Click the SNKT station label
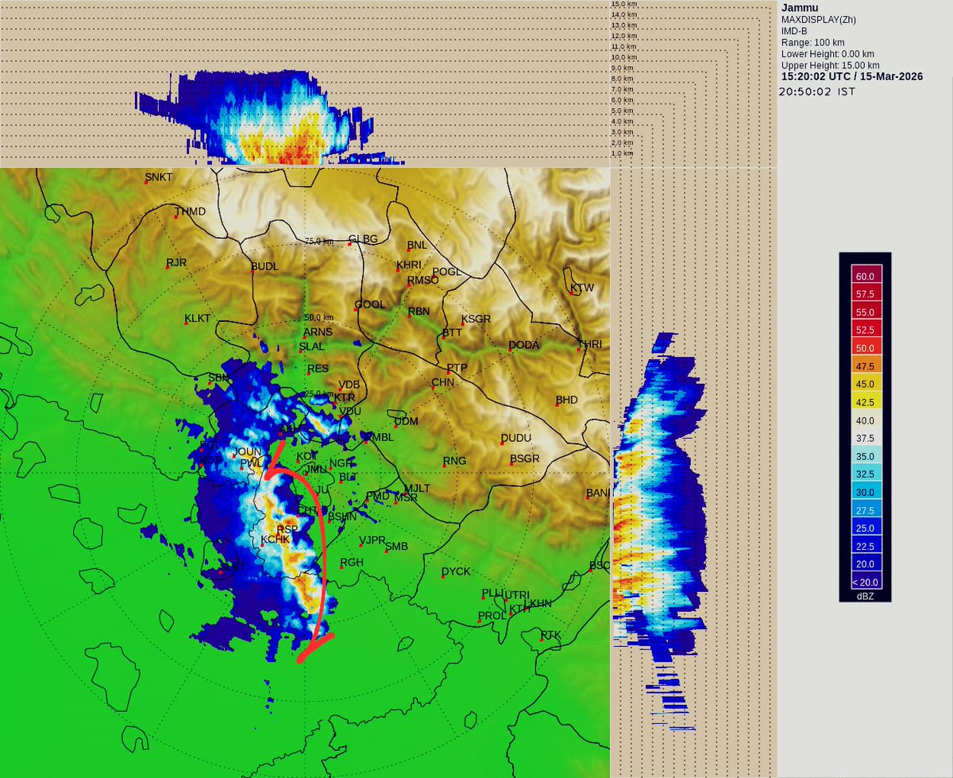point(158,176)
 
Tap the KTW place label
point(582,288)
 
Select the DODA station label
point(524,345)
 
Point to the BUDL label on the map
point(264,266)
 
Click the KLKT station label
point(198,319)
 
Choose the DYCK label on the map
point(456,571)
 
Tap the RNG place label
point(454,461)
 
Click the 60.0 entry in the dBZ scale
point(864,277)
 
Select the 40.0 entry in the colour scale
point(864,420)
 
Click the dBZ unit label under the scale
point(865,596)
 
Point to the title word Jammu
point(800,8)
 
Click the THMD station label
point(190,211)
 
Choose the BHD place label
point(566,400)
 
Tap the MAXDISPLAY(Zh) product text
point(818,20)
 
